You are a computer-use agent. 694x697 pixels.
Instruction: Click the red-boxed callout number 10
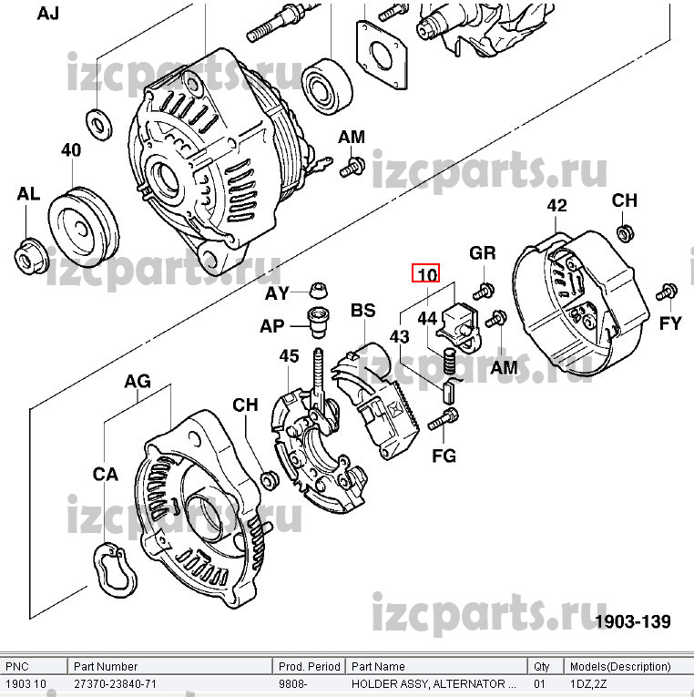(426, 272)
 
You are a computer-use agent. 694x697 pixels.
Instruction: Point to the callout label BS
(362, 312)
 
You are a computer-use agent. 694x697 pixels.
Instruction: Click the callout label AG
(138, 382)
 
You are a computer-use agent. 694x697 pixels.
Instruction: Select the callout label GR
(483, 253)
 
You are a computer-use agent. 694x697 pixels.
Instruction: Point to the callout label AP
(272, 325)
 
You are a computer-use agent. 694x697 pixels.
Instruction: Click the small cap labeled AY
(319, 291)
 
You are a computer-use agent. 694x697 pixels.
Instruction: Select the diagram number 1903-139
(633, 621)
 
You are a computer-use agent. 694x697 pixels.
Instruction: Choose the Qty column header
(542, 667)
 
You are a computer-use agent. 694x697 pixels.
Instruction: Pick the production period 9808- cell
(293, 683)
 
